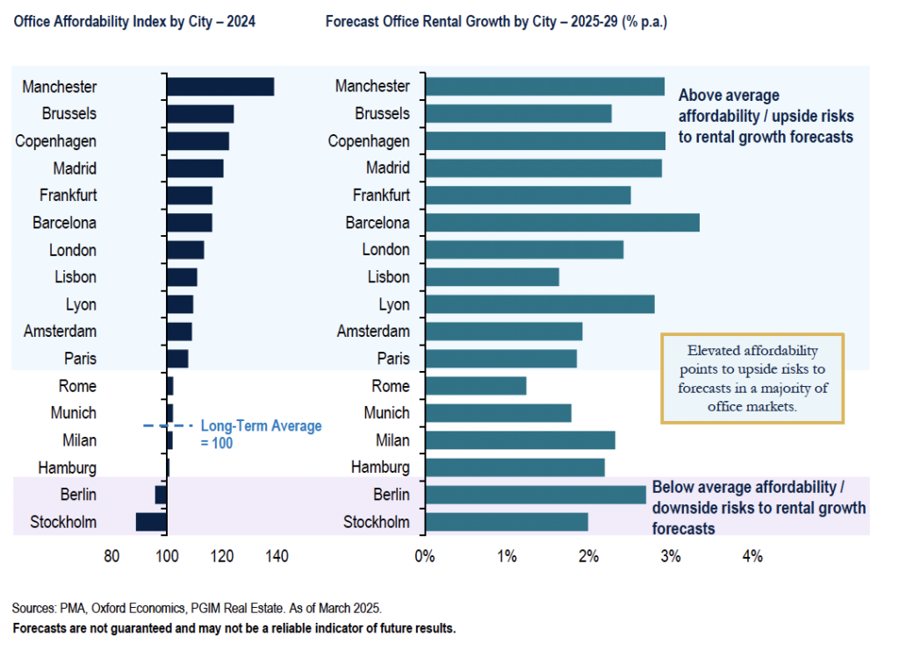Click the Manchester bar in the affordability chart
click(x=220, y=86)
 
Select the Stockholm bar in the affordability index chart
click(x=151, y=522)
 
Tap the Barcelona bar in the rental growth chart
click(x=562, y=222)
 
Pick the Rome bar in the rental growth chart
click(x=475, y=386)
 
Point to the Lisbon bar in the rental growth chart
click(x=492, y=277)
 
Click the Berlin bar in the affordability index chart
click(x=161, y=495)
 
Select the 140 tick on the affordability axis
click(x=277, y=556)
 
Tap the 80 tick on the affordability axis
click(x=111, y=556)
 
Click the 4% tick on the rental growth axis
click(x=752, y=556)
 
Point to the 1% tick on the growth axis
click(x=507, y=556)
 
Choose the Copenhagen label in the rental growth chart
click(x=369, y=140)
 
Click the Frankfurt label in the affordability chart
click(x=68, y=195)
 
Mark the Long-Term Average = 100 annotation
click(x=261, y=433)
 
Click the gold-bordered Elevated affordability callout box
click(x=752, y=378)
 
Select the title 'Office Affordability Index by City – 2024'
click(x=134, y=21)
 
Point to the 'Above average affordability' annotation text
click(x=766, y=116)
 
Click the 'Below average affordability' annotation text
click(x=759, y=508)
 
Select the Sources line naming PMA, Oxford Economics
click(x=197, y=608)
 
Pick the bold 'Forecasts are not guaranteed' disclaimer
click(x=234, y=628)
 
